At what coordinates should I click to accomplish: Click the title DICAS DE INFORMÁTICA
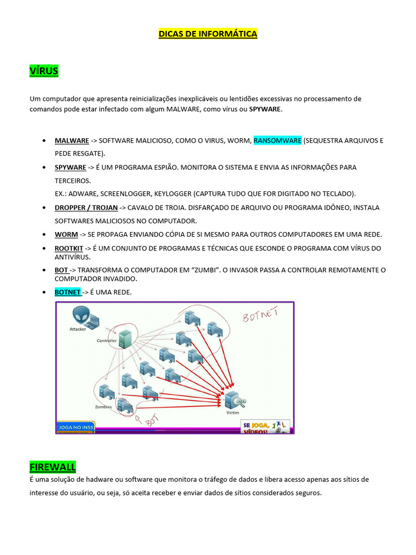point(207,34)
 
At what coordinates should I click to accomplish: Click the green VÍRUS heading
point(44,71)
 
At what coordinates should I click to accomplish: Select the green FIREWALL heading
point(53,467)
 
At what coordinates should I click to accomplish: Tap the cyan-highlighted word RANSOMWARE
point(277,140)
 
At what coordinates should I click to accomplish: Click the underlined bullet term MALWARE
point(71,140)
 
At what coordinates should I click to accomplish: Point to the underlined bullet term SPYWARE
point(70,167)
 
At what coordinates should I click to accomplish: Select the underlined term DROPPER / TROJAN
point(86,208)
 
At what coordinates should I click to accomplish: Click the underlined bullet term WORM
point(66,234)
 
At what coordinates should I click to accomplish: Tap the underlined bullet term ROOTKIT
point(69,248)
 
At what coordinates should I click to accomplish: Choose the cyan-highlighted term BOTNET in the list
point(68,292)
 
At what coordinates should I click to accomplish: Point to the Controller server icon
point(126,339)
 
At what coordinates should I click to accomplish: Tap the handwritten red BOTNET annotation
point(259,316)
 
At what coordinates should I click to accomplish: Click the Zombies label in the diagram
point(103,406)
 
